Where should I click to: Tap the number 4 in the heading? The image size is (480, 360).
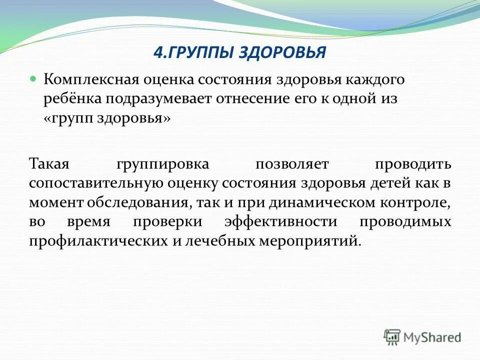155,52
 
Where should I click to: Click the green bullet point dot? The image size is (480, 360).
33,79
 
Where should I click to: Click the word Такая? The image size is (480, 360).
51,164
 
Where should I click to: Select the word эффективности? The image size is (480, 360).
281,221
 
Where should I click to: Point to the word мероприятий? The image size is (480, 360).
309,240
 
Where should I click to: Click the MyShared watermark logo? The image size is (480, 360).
422,337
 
